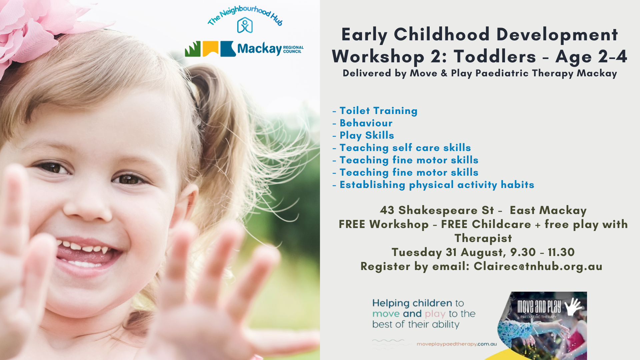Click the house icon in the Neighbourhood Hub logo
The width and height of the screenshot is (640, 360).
click(245, 25)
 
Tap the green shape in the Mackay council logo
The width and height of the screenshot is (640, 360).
click(193, 49)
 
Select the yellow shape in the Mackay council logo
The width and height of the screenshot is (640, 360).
click(210, 48)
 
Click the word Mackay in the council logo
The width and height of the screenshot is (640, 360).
click(259, 49)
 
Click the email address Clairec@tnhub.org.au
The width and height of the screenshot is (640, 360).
click(538, 266)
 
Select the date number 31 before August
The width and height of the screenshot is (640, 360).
click(451, 252)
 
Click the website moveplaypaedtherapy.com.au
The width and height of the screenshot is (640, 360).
click(457, 344)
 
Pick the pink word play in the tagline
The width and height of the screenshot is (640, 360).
click(435, 314)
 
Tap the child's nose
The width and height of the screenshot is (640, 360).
click(87, 208)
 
